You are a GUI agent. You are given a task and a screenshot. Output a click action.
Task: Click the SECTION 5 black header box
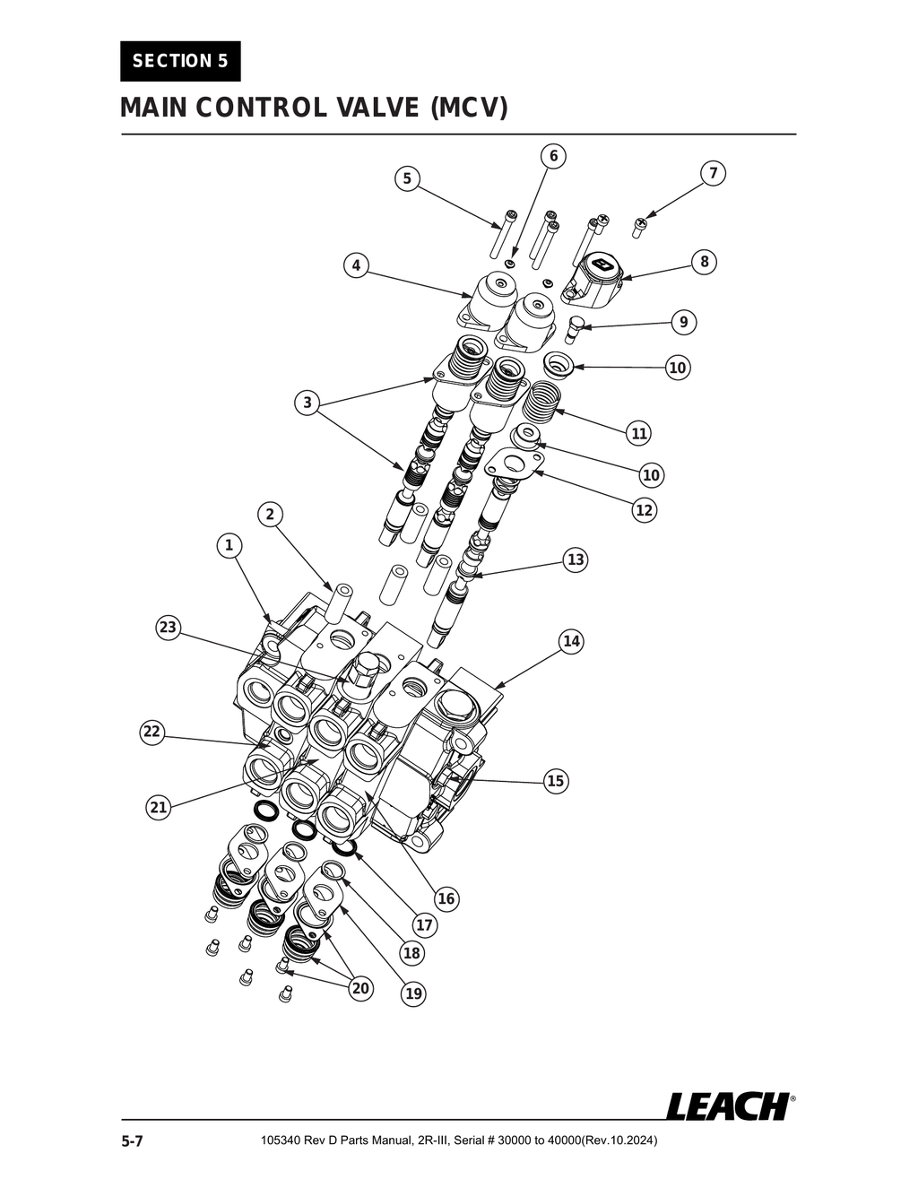180,61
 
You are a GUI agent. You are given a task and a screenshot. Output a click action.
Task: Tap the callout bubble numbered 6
553,156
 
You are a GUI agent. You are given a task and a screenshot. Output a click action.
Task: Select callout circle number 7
713,173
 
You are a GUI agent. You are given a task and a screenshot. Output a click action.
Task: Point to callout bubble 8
705,262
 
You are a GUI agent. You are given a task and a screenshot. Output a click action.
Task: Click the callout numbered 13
575,559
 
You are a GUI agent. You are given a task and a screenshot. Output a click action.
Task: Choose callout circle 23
168,627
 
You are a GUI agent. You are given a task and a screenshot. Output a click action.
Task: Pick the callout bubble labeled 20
359,988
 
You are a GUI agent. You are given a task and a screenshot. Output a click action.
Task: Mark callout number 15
556,781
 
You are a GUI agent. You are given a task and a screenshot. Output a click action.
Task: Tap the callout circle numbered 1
229,544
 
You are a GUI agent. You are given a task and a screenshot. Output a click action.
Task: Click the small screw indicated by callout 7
640,225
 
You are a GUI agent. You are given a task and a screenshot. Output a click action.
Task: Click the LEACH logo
729,1106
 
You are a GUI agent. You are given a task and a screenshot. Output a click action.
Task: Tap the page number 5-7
133,1141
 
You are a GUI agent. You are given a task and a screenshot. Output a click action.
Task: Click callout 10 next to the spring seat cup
678,368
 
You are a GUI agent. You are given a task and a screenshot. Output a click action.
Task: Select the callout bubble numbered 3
307,403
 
